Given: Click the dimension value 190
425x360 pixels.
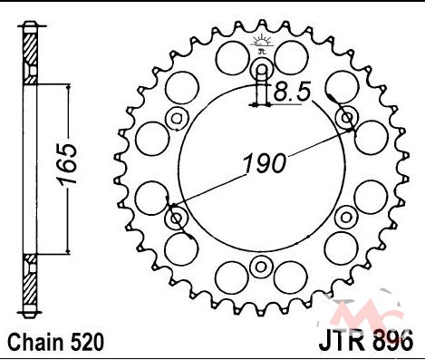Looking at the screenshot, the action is (265, 163).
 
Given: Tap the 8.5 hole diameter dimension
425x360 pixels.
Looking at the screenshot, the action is (292, 92).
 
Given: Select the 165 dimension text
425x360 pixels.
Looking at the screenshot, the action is (67, 164).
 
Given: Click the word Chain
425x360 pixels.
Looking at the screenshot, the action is (35, 343).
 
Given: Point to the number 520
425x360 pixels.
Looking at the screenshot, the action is (87, 343).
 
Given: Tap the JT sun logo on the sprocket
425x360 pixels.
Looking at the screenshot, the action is (262, 44).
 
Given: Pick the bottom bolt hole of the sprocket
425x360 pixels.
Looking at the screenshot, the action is (261, 267).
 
